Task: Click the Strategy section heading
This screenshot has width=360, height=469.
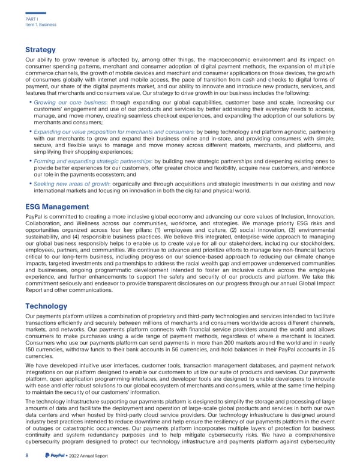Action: [40, 50]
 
